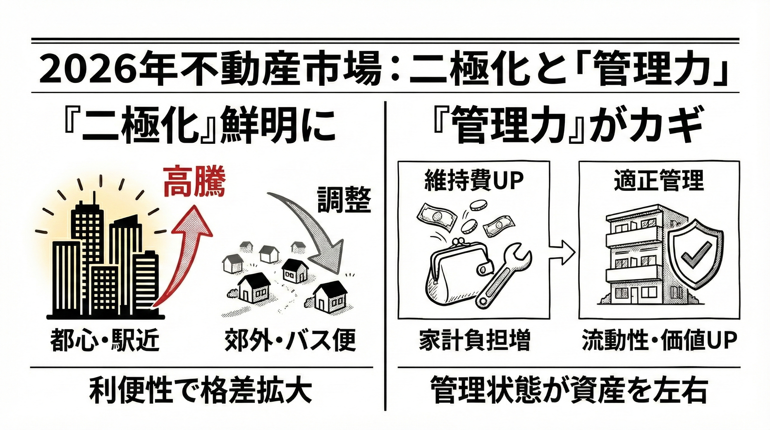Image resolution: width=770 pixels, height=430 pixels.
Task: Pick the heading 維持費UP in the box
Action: pos(474,181)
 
